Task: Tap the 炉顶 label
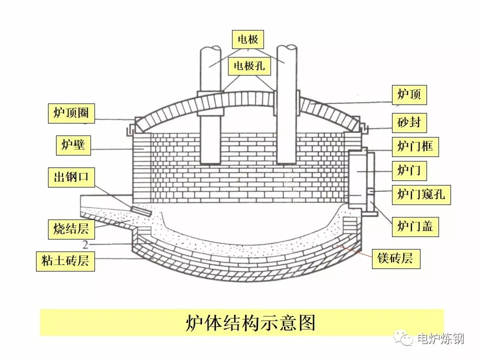point(409,94)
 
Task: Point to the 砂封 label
point(409,121)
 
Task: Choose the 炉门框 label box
point(415,146)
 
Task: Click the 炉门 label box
point(409,171)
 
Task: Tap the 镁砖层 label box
point(395,258)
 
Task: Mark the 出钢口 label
point(71,177)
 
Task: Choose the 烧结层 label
point(71,227)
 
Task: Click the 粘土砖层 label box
point(65,260)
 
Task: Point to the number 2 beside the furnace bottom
point(85,245)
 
